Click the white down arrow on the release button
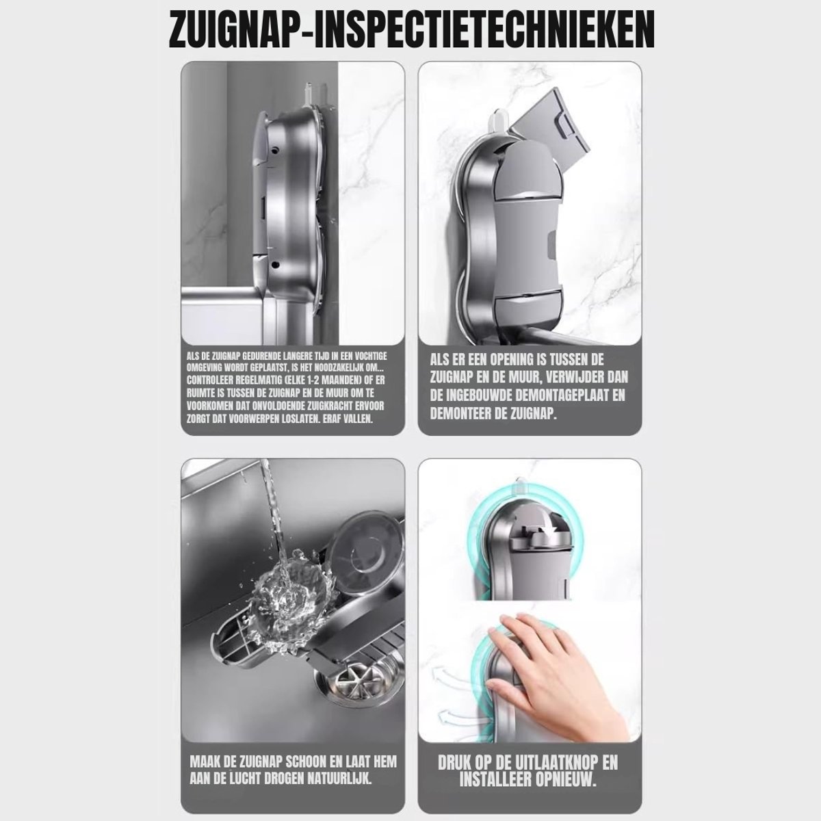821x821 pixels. click(546, 540)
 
